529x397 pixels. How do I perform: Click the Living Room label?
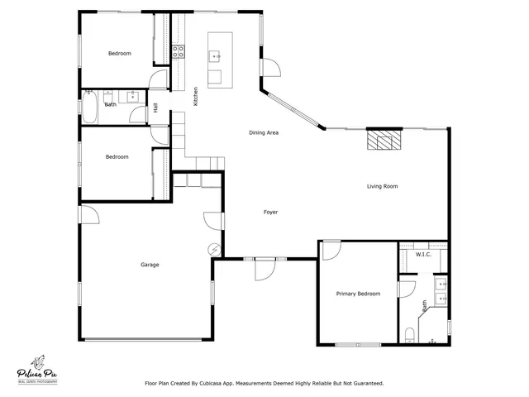382,186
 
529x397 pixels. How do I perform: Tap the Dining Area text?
263,132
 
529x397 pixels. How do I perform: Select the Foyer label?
270,212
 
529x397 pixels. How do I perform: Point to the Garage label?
150,265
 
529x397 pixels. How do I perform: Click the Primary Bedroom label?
358,294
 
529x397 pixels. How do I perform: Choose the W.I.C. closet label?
423,254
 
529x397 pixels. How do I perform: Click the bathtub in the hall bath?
90,106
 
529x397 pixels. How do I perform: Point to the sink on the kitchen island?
216,56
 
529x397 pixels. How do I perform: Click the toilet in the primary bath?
411,335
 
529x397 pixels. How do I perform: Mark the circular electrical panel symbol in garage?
215,248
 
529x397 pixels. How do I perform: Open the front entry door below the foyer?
264,267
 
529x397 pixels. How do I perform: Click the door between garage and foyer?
213,221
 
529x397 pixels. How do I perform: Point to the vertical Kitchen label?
196,96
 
